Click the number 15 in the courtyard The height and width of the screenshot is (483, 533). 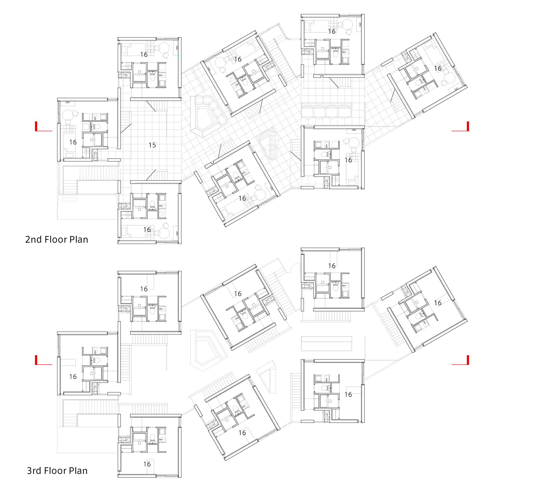click(x=152, y=145)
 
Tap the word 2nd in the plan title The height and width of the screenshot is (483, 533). click(x=33, y=239)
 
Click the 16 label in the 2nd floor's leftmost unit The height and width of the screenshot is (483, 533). click(x=73, y=142)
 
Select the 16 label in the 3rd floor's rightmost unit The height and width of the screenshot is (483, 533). click(x=438, y=303)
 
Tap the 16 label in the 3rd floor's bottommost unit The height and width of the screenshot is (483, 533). click(x=147, y=464)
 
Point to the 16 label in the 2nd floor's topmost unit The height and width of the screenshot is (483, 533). click(x=332, y=31)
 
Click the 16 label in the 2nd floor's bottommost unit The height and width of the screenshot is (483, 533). click(x=147, y=230)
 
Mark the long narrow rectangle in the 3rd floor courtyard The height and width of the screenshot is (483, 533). click(x=326, y=344)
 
